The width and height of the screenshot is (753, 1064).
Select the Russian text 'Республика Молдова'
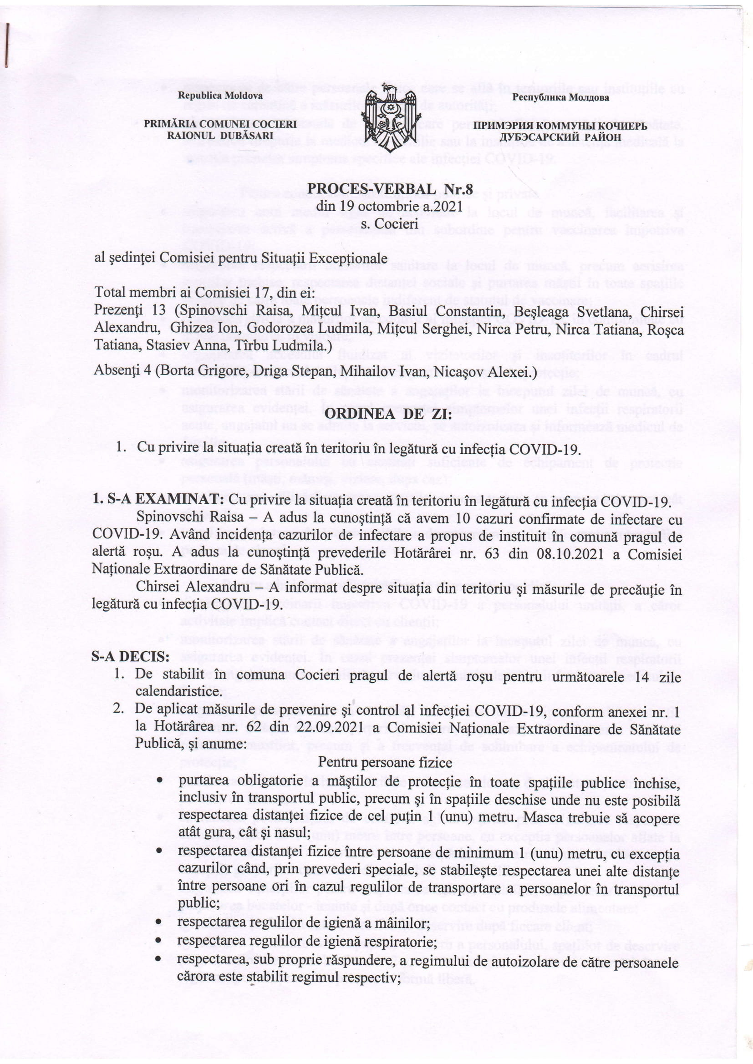560,98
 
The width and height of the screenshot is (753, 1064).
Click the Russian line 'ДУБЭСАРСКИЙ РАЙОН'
560,137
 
